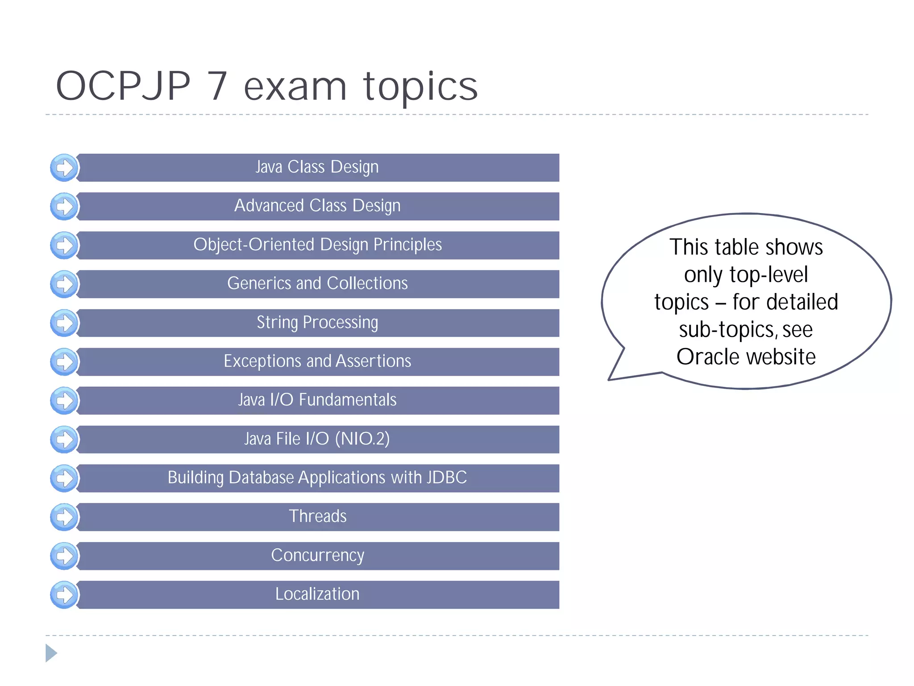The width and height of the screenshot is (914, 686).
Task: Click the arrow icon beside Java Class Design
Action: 64,168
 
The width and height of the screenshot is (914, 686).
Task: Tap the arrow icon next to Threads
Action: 64,517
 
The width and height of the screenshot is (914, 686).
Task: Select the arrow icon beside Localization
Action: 64,595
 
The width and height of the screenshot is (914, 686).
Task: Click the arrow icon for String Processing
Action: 64,323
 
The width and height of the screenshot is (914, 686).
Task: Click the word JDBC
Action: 446,477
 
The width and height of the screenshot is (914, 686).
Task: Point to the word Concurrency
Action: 317,555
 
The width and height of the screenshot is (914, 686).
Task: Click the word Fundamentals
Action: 347,400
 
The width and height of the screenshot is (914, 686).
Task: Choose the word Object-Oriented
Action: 254,245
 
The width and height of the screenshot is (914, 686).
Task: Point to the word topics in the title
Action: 420,87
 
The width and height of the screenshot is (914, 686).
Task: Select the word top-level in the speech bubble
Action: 768,274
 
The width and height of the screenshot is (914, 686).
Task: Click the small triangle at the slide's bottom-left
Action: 51,653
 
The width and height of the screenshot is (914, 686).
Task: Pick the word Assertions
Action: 373,361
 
